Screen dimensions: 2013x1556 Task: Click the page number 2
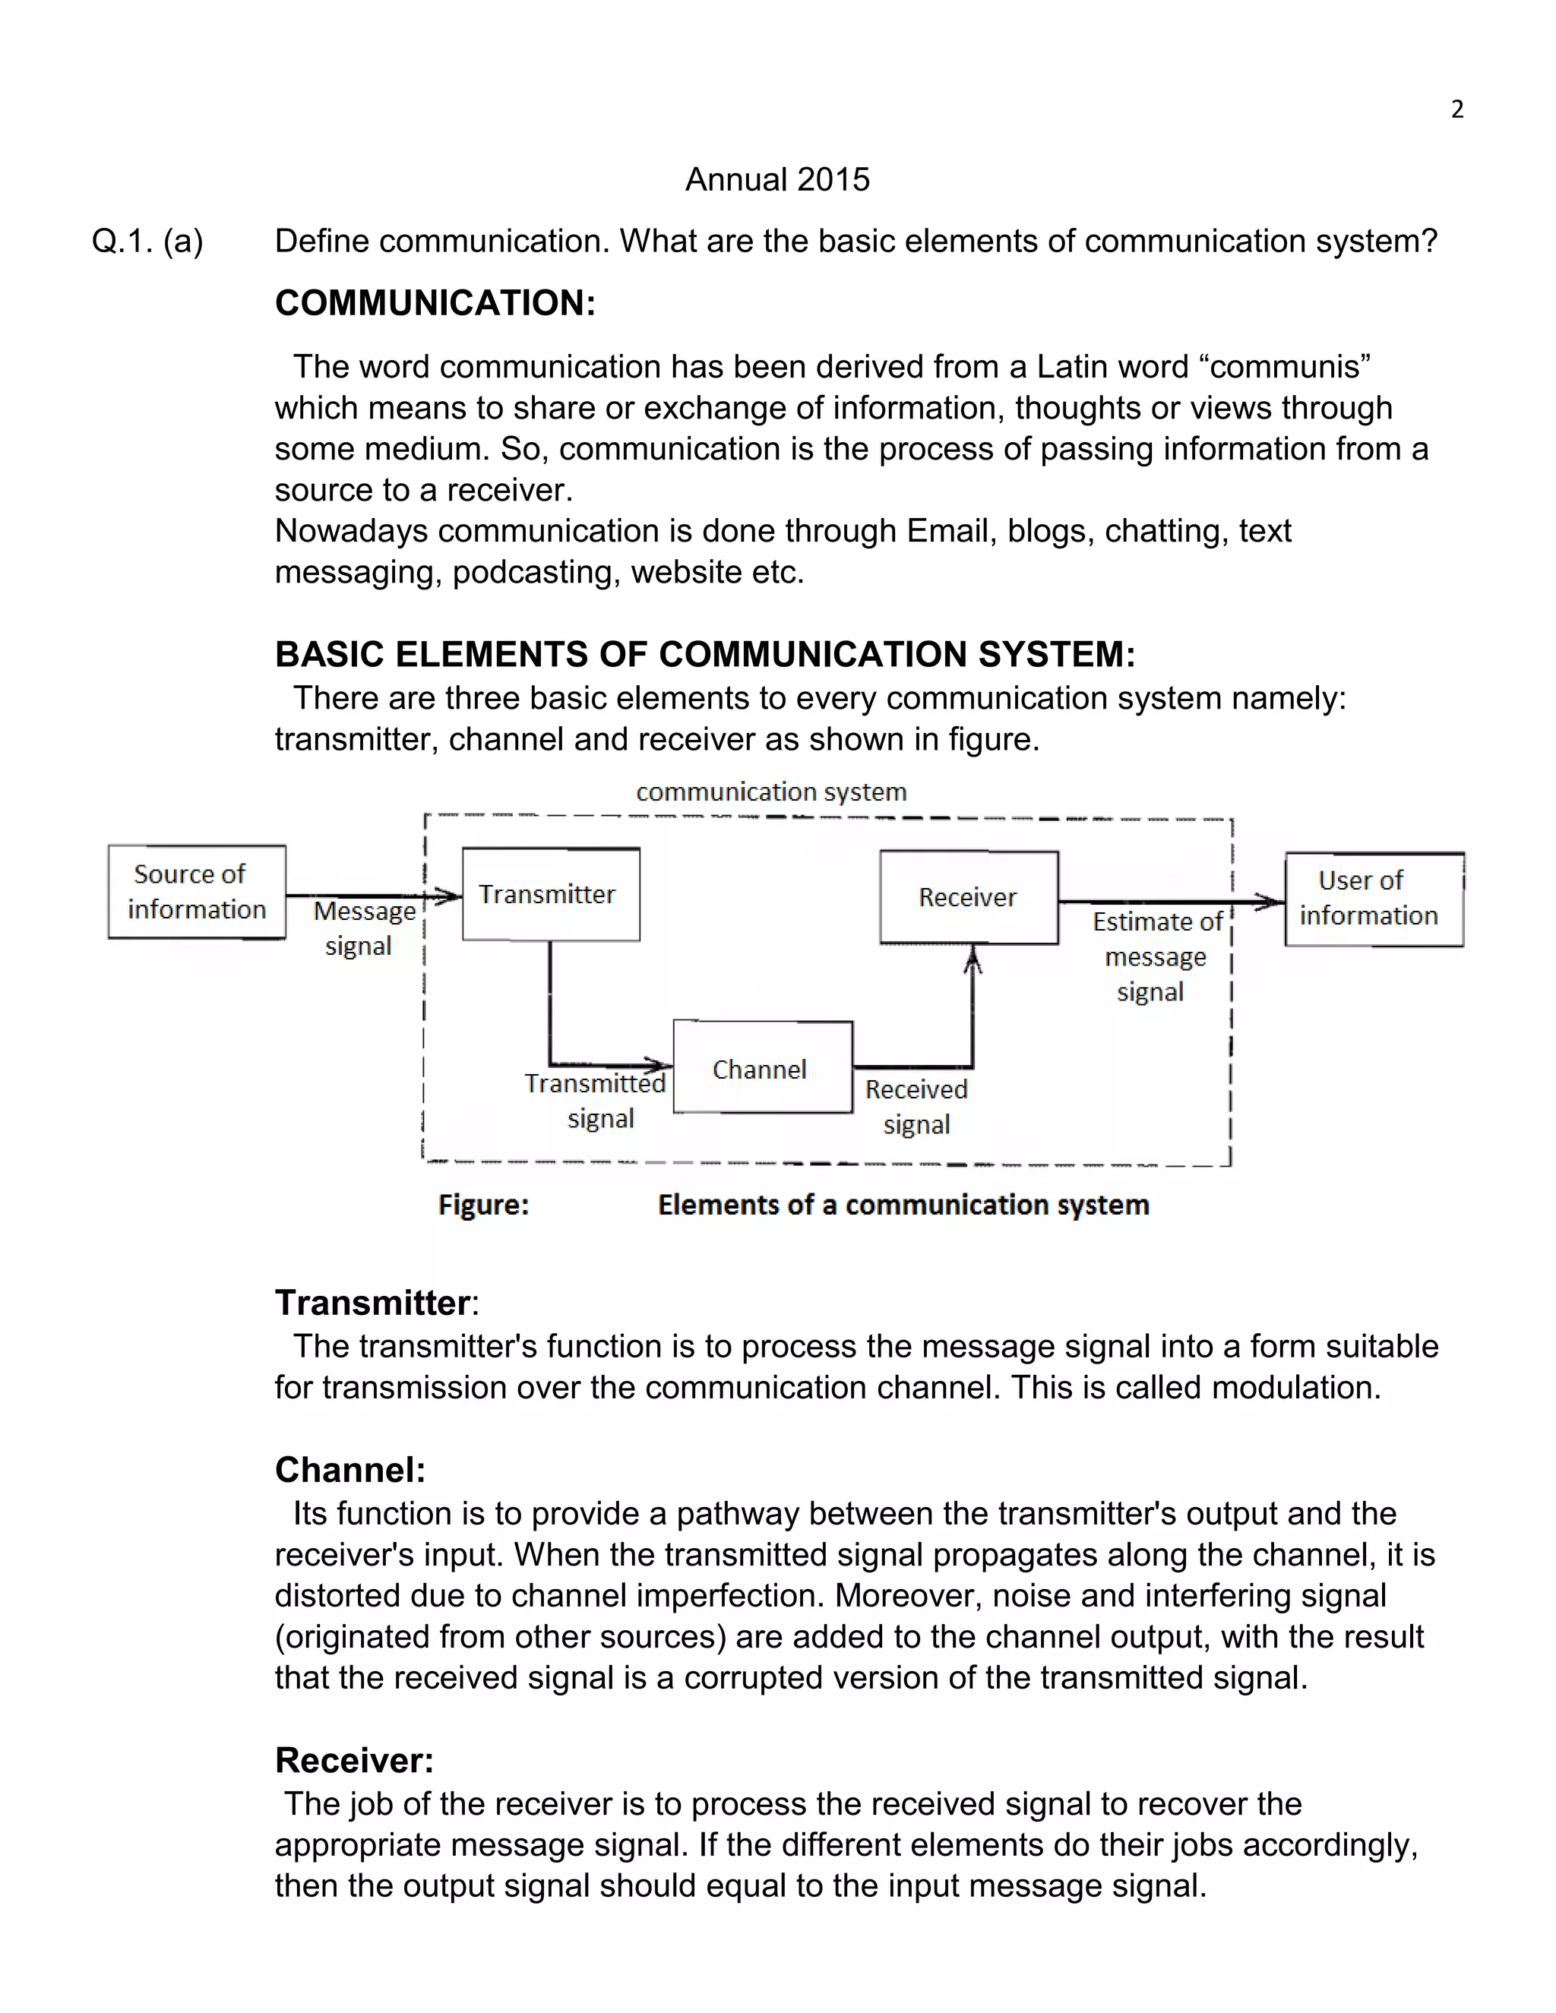pyautogui.click(x=1456, y=109)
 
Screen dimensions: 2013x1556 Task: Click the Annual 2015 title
pyautogui.click(x=777, y=180)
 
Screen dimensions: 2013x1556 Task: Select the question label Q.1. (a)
pyautogui.click(x=147, y=242)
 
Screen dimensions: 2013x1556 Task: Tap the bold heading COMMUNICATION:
pyautogui.click(x=435, y=303)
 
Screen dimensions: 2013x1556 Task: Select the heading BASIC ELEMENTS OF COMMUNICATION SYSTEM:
pyautogui.click(x=705, y=654)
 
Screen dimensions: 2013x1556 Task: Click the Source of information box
pyautogui.click(x=196, y=891)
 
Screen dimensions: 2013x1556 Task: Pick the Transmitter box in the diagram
pyautogui.click(x=550, y=894)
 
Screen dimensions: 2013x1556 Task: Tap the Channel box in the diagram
pyautogui.click(x=762, y=1067)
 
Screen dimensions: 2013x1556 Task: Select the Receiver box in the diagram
pyautogui.click(x=968, y=897)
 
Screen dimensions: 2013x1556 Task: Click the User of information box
pyautogui.click(x=1374, y=899)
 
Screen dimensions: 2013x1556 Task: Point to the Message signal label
pyautogui.click(x=362, y=928)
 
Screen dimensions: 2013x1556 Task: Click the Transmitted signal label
pyautogui.click(x=596, y=1101)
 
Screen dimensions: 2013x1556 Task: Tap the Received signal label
pyautogui.click(x=916, y=1106)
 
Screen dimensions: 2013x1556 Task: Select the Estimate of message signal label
pyautogui.click(x=1154, y=956)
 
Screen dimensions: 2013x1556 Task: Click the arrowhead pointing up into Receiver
pyautogui.click(x=972, y=962)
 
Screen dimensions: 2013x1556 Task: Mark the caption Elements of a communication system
pyautogui.click(x=903, y=1205)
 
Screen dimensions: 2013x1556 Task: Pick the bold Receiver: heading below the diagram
pyautogui.click(x=354, y=1761)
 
